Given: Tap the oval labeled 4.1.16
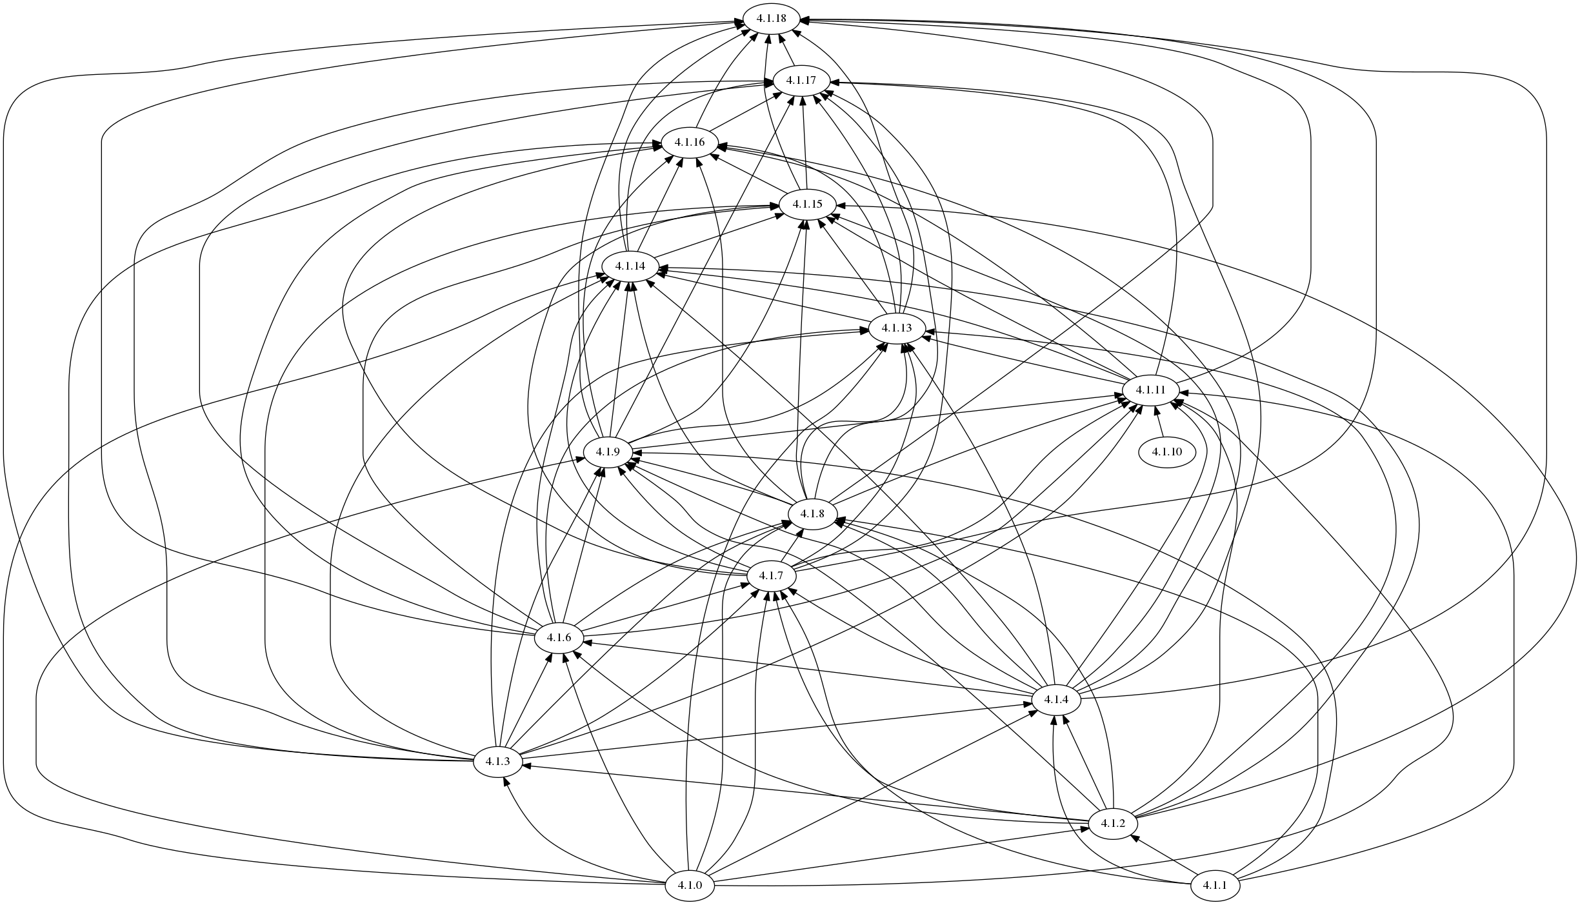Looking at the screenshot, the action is point(689,142).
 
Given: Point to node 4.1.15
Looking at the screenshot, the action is point(808,204).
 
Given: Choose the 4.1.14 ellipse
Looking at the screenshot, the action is point(630,266).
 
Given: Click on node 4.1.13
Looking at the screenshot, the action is point(897,328).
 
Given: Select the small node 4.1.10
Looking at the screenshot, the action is point(1167,452).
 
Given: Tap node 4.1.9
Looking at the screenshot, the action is point(608,452).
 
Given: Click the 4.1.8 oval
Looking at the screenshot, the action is point(812,514).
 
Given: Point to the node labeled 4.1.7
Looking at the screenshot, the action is point(771,575).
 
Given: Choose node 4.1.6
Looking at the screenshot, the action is point(559,638).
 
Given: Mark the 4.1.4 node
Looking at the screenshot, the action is point(1056,700).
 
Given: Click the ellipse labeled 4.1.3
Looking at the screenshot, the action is point(497,762).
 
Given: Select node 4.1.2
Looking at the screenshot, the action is point(1113,824).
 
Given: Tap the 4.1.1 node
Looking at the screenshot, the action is point(1215,886).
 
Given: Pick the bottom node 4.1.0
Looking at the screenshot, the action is point(690,886).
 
